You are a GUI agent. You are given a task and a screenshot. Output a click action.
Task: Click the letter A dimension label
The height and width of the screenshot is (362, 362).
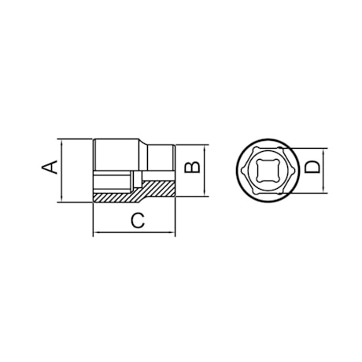[50, 167]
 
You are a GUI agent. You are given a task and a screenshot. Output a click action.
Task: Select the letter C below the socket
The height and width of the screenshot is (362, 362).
[138, 220]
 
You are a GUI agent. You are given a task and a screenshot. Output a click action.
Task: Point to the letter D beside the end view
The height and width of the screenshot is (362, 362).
[312, 168]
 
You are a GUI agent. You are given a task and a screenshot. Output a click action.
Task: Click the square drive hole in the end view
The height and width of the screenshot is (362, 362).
[267, 171]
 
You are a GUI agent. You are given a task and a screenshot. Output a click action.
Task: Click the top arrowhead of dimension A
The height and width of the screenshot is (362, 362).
[62, 142]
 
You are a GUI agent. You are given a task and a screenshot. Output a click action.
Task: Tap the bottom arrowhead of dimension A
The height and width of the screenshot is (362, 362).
[62, 199]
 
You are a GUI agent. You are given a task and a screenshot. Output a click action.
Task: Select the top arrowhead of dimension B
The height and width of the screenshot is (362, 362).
[205, 147]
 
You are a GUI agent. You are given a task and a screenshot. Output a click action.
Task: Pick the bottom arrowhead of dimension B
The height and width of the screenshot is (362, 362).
[205, 193]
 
